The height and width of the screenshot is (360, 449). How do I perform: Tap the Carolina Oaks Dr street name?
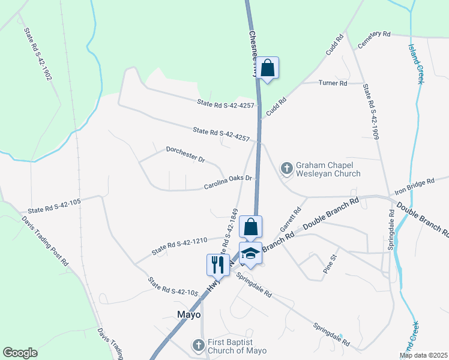[231, 182]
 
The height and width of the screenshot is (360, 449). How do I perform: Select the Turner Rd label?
[333, 83]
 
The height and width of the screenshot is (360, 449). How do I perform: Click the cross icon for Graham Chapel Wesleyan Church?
[287, 169]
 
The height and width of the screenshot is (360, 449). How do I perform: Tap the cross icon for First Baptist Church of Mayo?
[199, 344]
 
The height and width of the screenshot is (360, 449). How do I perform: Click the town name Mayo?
[188, 314]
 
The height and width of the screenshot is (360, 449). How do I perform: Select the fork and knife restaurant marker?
[217, 265]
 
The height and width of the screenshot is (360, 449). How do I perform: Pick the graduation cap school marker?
[251, 254]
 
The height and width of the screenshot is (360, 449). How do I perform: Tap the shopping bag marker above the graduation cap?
[250, 227]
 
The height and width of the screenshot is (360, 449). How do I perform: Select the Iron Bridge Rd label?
[414, 186]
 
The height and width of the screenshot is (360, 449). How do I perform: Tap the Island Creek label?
[415, 63]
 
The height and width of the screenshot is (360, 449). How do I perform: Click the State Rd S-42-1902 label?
[39, 54]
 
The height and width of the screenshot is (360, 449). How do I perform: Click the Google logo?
[20, 353]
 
